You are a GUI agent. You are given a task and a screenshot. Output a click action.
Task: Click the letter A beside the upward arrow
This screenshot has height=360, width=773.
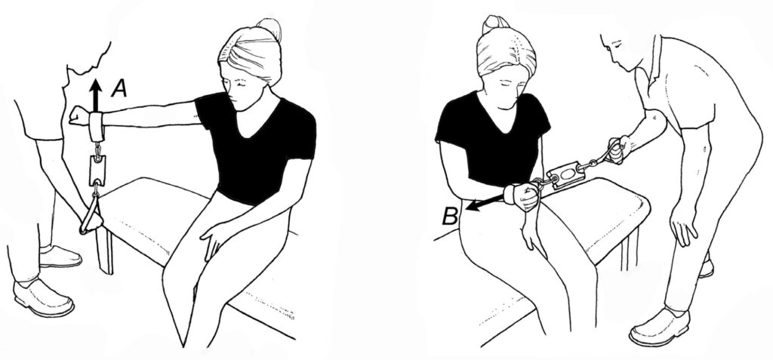[x=119, y=89]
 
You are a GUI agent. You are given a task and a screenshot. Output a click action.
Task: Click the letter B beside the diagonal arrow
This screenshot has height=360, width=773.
[x=450, y=216]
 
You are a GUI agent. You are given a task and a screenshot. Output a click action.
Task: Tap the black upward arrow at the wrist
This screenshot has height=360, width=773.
[x=96, y=96]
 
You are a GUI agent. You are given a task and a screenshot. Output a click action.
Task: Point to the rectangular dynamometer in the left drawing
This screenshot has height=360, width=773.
[x=97, y=171]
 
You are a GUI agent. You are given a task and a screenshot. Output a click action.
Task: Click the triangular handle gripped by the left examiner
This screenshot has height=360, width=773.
[x=91, y=214]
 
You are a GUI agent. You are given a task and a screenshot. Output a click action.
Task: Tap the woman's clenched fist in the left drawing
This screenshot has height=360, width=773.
[x=78, y=115]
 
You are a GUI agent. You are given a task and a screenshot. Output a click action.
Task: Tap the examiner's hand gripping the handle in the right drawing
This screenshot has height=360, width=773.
[x=618, y=149]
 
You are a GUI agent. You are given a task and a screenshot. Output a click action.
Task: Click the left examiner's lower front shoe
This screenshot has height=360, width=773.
[x=43, y=298]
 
